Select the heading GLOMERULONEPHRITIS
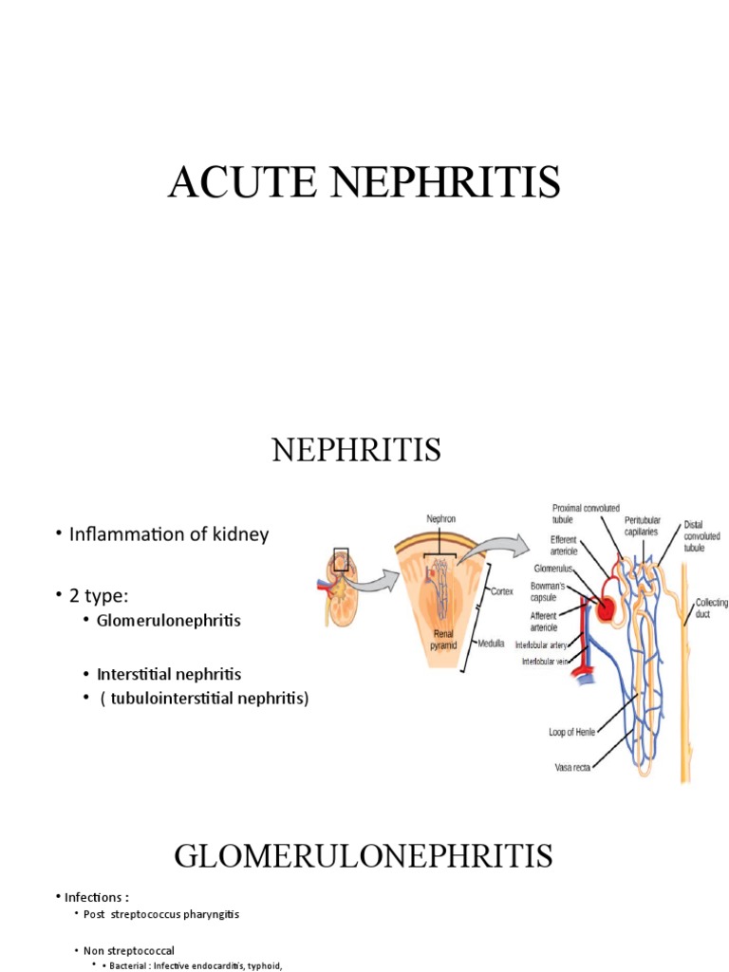tap(364, 858)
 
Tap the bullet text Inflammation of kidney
tap(169, 534)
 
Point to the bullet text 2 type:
tap(101, 595)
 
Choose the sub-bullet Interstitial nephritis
tap(169, 674)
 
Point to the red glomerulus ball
tap(604, 605)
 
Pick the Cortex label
tap(502, 590)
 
